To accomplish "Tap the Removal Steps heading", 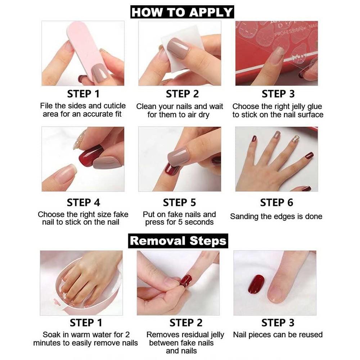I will click(x=178, y=240).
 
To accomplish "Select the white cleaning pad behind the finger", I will click(x=180, y=50).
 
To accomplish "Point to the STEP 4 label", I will click(x=83, y=202).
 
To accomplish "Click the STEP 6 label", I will click(x=276, y=202).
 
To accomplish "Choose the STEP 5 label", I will click(x=179, y=202).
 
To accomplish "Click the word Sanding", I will click(x=245, y=216).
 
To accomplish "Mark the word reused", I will click(x=310, y=334).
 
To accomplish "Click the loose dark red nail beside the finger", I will click(x=256, y=284).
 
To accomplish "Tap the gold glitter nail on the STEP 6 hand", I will click(x=296, y=139).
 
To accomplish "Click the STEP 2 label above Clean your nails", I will click(x=182, y=94).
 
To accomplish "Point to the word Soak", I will click(x=51, y=334).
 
